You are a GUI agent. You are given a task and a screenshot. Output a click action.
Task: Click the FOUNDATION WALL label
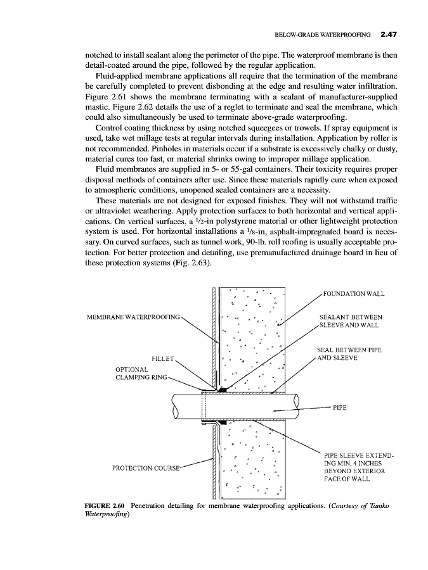(x=354, y=293)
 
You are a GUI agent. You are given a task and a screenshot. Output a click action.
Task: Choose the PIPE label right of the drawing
(x=341, y=408)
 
